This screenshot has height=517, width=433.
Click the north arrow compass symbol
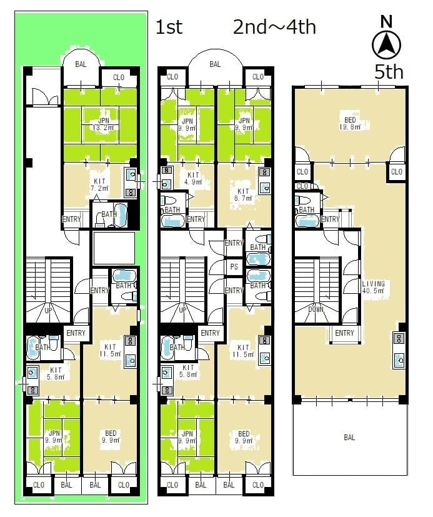click(x=386, y=45)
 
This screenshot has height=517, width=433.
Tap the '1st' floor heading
click(x=169, y=27)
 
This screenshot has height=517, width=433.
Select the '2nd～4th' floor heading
click(x=274, y=27)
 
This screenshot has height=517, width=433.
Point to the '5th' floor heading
click(x=389, y=71)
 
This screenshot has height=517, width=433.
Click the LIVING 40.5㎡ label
click(x=374, y=287)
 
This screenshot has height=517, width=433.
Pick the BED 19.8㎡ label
click(x=350, y=123)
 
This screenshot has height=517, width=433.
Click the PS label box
click(x=234, y=266)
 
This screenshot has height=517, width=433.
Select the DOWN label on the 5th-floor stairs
click(x=316, y=309)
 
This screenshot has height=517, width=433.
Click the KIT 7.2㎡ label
click(x=99, y=184)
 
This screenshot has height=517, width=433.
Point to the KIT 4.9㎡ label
click(x=193, y=178)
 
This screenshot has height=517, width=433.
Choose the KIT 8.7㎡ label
click(x=243, y=194)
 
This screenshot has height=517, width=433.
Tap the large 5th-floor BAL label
click(x=349, y=437)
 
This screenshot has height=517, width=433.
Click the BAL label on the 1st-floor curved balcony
click(x=81, y=64)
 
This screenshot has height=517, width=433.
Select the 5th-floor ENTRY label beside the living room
click(x=344, y=333)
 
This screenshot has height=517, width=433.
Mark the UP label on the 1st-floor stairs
click(x=48, y=310)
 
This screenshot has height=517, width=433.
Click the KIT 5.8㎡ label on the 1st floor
click(x=56, y=373)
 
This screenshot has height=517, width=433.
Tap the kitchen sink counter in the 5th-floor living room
click(x=399, y=350)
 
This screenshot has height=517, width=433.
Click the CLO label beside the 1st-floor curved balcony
click(x=118, y=77)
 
